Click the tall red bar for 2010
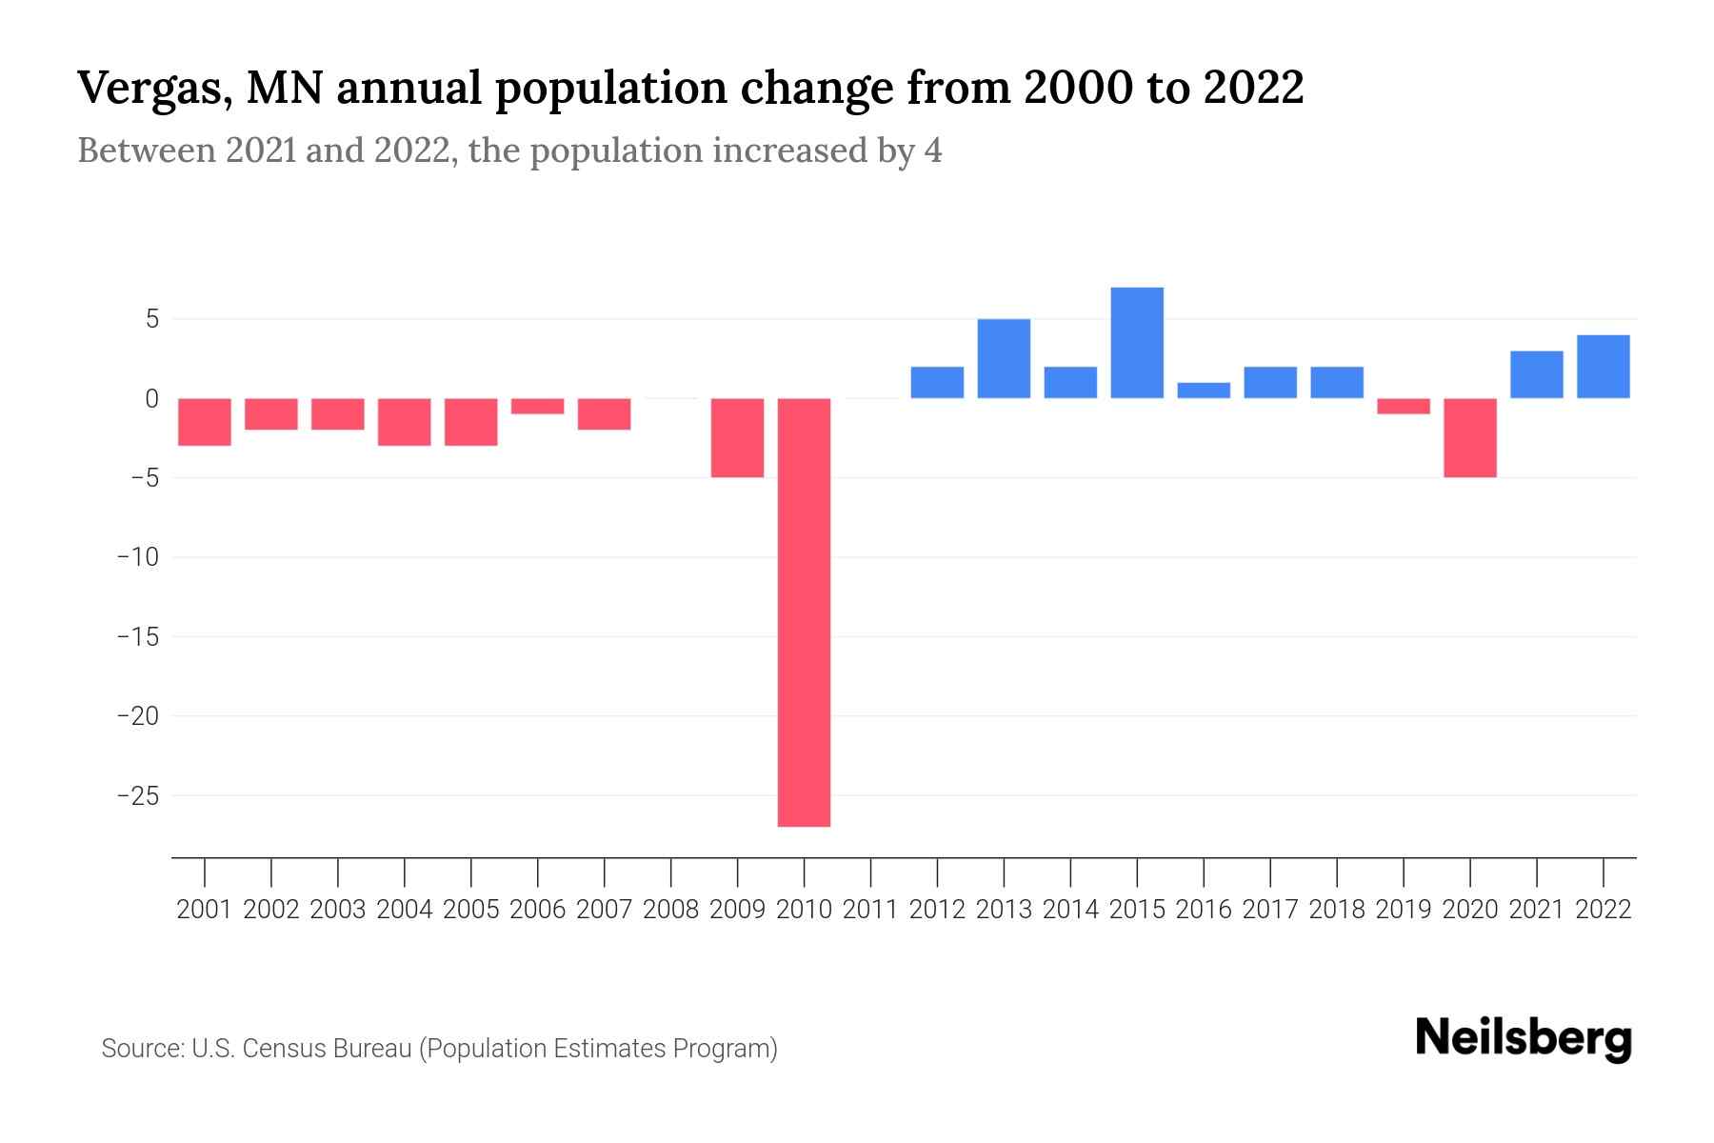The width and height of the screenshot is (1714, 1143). [x=804, y=612]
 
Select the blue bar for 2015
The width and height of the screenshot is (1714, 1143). [x=1137, y=343]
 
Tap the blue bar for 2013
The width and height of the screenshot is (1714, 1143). [x=1004, y=358]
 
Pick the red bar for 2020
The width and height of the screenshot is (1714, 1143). [x=1470, y=437]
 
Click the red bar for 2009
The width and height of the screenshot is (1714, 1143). [x=737, y=437]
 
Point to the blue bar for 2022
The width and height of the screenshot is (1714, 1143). [x=1604, y=367]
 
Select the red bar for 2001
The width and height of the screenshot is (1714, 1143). [x=205, y=421]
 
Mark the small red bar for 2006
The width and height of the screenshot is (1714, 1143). [x=538, y=406]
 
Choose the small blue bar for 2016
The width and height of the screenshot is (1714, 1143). [x=1204, y=391]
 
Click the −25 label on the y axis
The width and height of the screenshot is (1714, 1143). [x=137, y=795]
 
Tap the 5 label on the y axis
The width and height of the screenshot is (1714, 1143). [x=151, y=319]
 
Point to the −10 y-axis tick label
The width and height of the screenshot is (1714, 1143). [x=137, y=557]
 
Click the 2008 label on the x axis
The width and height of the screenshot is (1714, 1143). [x=671, y=910]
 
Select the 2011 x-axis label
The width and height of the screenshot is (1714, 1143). [x=870, y=910]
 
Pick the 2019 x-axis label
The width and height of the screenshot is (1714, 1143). [x=1404, y=910]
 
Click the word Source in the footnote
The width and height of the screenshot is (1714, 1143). [x=142, y=1049]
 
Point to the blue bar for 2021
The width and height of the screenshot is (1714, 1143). [x=1537, y=374]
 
